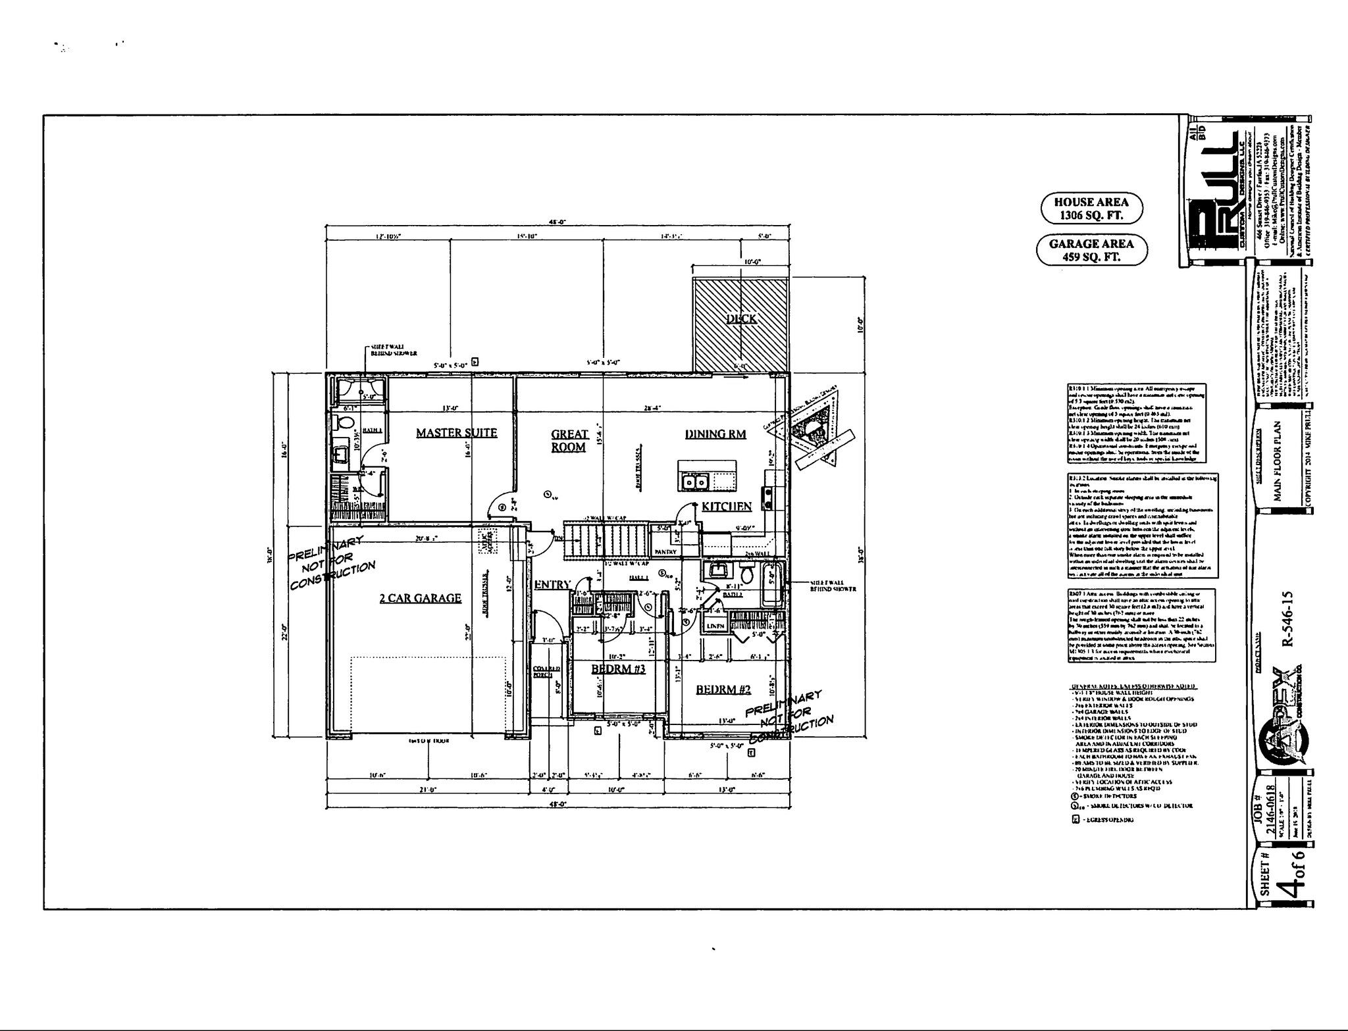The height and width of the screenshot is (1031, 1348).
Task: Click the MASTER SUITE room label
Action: tap(456, 433)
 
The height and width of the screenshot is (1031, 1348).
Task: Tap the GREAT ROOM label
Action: tap(569, 440)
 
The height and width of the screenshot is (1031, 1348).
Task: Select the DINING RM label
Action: tap(715, 434)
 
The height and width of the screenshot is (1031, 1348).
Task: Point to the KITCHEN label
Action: tap(726, 506)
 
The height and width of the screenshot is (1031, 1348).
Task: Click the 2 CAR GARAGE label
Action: tap(420, 598)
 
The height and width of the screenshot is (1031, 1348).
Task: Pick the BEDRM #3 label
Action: tap(618, 669)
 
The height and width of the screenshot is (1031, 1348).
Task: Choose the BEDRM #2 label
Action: tap(723, 690)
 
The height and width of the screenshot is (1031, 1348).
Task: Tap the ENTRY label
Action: tap(552, 584)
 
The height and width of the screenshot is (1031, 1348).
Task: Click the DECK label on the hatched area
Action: tap(741, 319)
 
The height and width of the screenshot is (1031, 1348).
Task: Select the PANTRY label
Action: tap(665, 551)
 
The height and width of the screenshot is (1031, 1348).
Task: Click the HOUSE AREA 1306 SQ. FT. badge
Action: tap(1091, 209)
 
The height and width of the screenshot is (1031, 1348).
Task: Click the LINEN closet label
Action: tap(715, 626)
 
